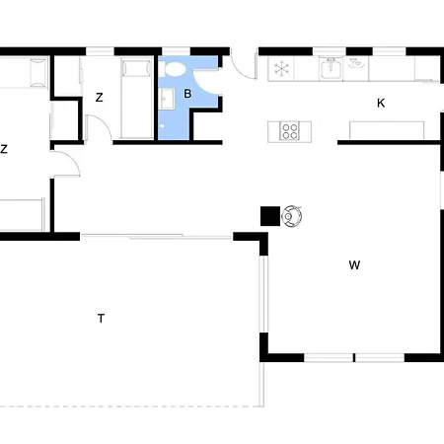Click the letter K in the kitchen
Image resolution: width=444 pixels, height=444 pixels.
[381, 103]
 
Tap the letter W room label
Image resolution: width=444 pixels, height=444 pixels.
[354, 264]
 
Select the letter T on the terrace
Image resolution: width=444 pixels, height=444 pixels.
[101, 319]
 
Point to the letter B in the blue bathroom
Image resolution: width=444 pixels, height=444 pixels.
[187, 94]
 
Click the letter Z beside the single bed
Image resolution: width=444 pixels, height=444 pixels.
[99, 97]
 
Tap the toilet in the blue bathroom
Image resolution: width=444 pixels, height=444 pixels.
[175, 69]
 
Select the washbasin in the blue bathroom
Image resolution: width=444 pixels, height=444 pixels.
[168, 99]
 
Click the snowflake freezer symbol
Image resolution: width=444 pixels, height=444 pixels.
[281, 68]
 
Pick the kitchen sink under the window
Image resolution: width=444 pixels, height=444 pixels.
[331, 68]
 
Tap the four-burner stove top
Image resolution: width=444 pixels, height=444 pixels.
[289, 131]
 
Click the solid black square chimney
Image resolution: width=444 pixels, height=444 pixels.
[270, 216]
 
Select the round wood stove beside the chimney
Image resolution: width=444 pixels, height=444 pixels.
[291, 216]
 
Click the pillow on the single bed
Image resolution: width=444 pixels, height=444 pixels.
[136, 68]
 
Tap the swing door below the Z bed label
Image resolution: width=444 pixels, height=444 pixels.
[99, 128]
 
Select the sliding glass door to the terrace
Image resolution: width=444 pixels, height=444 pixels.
[156, 236]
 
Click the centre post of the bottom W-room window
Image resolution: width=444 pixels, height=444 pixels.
[354, 357]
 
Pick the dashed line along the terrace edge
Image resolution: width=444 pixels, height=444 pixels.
[131, 407]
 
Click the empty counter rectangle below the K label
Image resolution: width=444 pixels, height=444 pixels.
[387, 130]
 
